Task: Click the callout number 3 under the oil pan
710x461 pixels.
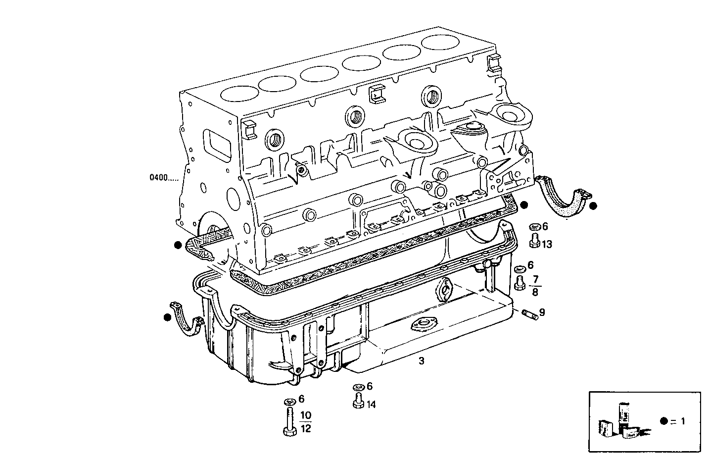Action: [x=421, y=361]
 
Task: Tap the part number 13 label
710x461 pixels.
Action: [x=547, y=244]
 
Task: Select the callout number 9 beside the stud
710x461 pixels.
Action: [x=542, y=312]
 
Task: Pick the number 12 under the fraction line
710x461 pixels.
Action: [x=306, y=429]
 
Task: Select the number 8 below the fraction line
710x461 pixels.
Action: [x=535, y=292]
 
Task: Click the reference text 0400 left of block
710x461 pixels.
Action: [x=164, y=177]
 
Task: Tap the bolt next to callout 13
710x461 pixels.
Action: [x=534, y=241]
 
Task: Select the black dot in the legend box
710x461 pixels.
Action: [x=664, y=421]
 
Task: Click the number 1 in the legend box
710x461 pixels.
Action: [x=683, y=421]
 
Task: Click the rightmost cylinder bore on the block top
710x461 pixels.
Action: [x=440, y=41]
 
